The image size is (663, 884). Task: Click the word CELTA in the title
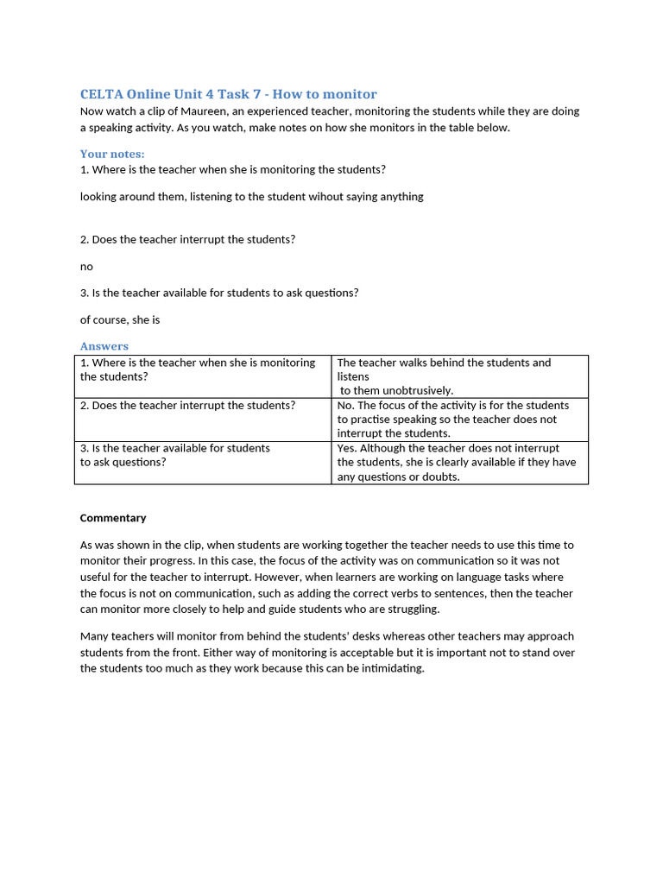(101, 94)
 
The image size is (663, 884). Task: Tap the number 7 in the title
(257, 94)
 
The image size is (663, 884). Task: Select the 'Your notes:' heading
(112, 154)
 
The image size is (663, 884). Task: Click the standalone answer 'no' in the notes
(86, 267)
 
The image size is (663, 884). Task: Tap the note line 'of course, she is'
(120, 320)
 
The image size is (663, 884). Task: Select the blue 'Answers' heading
(104, 346)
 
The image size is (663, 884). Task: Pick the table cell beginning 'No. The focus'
(459, 419)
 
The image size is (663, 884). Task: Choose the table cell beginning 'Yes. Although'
(459, 462)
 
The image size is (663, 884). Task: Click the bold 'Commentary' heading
(113, 518)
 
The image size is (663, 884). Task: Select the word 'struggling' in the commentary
(411, 609)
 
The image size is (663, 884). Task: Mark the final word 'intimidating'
(394, 669)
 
